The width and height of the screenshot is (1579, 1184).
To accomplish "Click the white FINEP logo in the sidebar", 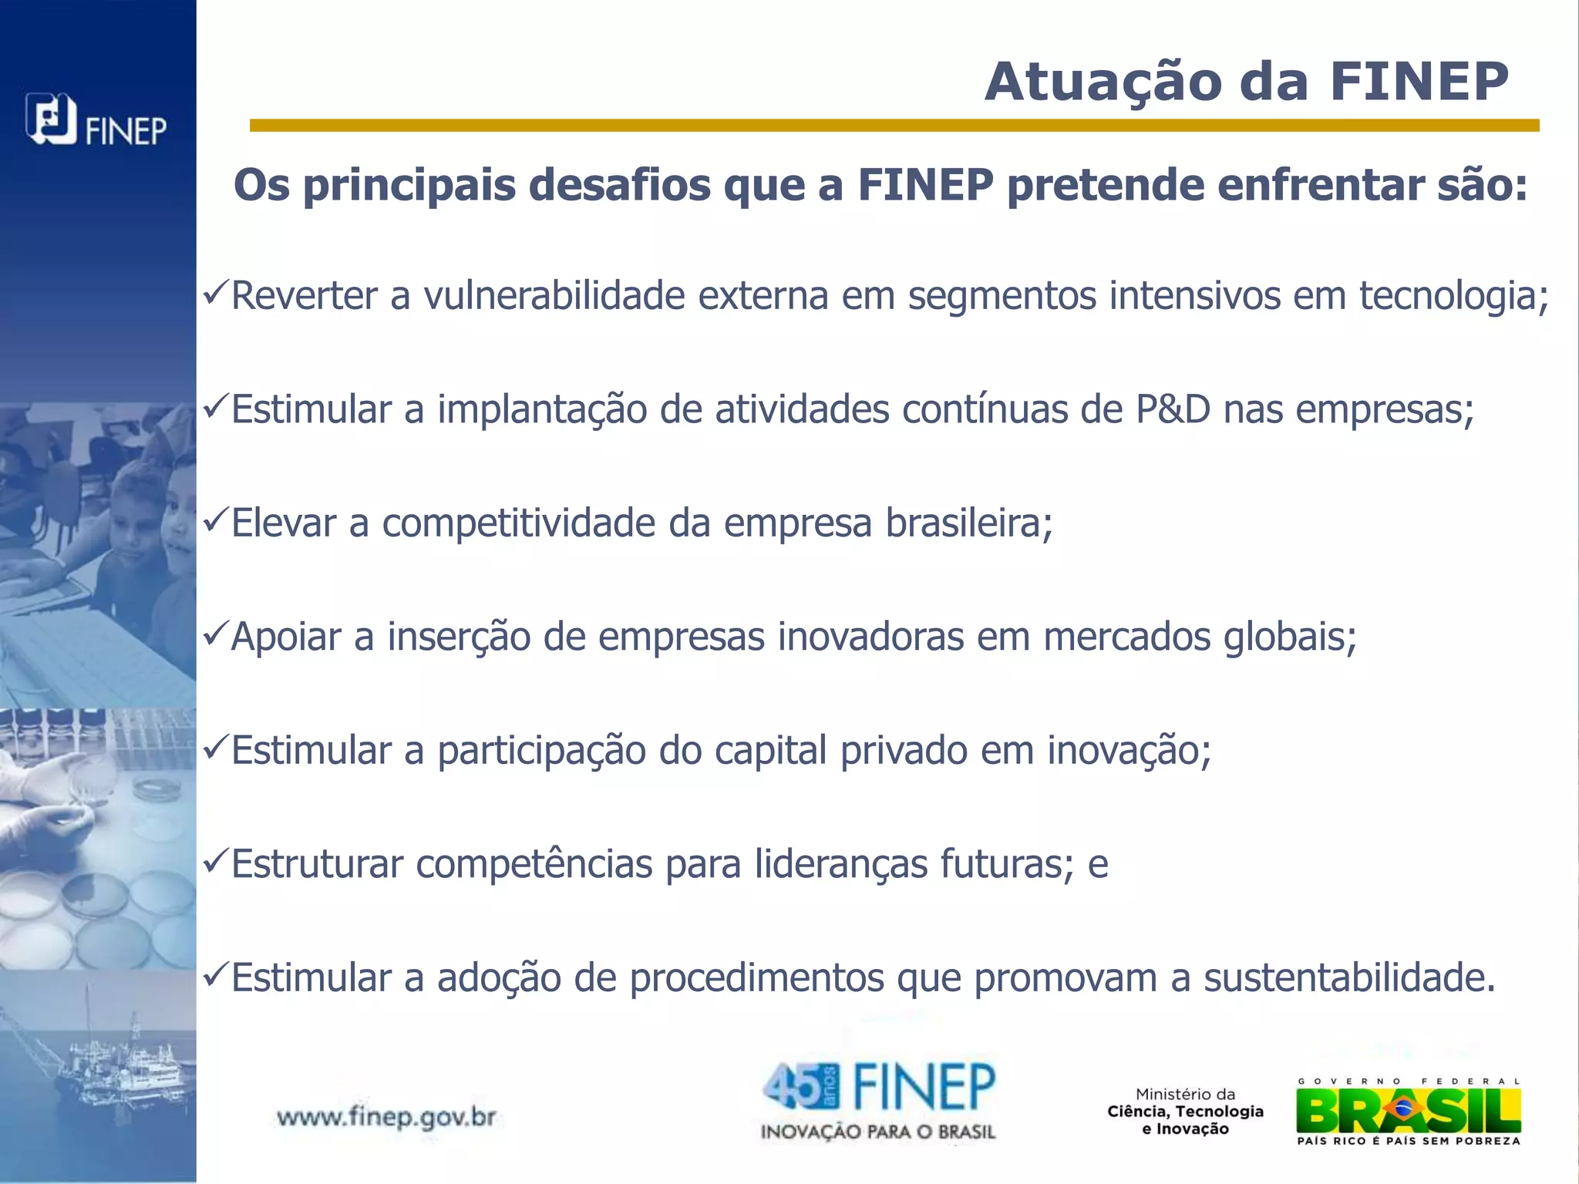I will pos(96,121).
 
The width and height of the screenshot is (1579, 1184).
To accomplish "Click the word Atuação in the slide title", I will pos(1103,82).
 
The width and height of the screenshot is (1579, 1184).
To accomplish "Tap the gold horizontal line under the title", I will pos(894,126).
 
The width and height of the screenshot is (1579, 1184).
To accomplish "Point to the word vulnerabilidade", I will pos(554,296).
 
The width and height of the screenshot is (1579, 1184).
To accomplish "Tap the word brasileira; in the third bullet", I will pos(969,523).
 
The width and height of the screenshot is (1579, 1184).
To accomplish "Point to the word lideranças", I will pos(840,865).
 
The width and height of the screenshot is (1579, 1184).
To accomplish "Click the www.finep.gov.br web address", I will pos(386,1117).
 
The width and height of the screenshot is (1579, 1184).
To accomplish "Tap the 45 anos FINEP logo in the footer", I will pos(878,1101).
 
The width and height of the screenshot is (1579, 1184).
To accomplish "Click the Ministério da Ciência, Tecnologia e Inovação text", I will pos(1185,1112).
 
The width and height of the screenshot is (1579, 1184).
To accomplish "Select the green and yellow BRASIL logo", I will pos(1409,1112).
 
